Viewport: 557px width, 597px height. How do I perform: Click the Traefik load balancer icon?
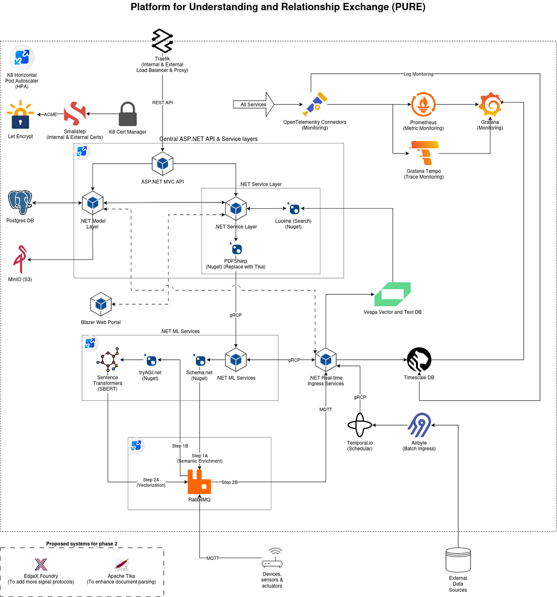click(163, 41)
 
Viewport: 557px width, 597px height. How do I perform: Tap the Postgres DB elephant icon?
click(20, 202)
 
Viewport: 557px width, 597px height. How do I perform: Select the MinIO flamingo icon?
click(20, 259)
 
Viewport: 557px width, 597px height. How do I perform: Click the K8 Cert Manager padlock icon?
click(128, 114)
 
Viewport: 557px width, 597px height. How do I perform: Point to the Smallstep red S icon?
click(75, 113)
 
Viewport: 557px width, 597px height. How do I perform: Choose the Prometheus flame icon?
click(423, 104)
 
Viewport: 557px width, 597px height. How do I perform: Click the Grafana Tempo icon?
click(424, 153)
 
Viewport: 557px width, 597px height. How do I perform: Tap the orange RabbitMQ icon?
click(199, 482)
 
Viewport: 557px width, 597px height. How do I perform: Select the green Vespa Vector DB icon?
click(392, 294)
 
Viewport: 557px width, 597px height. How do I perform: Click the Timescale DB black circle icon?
click(419, 360)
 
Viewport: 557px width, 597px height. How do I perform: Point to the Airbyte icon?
click(419, 425)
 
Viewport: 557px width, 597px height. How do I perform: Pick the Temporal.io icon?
click(360, 425)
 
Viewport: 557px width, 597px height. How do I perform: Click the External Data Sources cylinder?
click(458, 560)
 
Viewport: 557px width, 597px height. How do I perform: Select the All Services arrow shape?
click(254, 104)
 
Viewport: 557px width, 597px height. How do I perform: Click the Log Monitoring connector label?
click(418, 74)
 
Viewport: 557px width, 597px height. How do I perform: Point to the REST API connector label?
click(163, 103)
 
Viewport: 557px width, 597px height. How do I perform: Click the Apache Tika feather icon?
click(122, 564)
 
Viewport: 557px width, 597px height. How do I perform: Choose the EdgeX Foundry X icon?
click(41, 564)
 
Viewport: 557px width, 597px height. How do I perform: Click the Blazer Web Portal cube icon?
click(101, 304)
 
